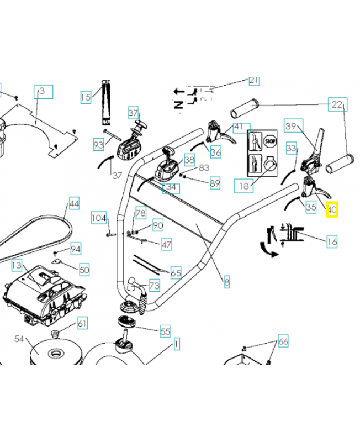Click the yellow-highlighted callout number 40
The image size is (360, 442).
pyautogui.click(x=332, y=210)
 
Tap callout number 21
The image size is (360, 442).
pyautogui.click(x=253, y=81)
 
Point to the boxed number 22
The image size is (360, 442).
pyautogui.click(x=337, y=104)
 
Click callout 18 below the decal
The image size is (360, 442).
pyautogui.click(x=243, y=186)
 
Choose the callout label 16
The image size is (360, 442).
pyautogui.click(x=332, y=241)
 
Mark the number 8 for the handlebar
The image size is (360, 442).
pyautogui.click(x=226, y=282)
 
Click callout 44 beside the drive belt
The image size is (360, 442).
pyautogui.click(x=74, y=204)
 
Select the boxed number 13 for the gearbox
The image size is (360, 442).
pyautogui.click(x=18, y=266)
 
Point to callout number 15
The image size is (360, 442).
pyautogui.click(x=86, y=97)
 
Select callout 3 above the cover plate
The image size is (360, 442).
pyautogui.click(x=43, y=91)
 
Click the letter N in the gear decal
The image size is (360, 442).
pyautogui.click(x=178, y=104)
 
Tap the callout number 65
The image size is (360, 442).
pyautogui.click(x=176, y=272)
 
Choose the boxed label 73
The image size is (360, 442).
pyautogui.click(x=154, y=286)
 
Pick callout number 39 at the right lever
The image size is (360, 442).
pyautogui.click(x=291, y=126)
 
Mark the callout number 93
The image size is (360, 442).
pyautogui.click(x=98, y=145)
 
